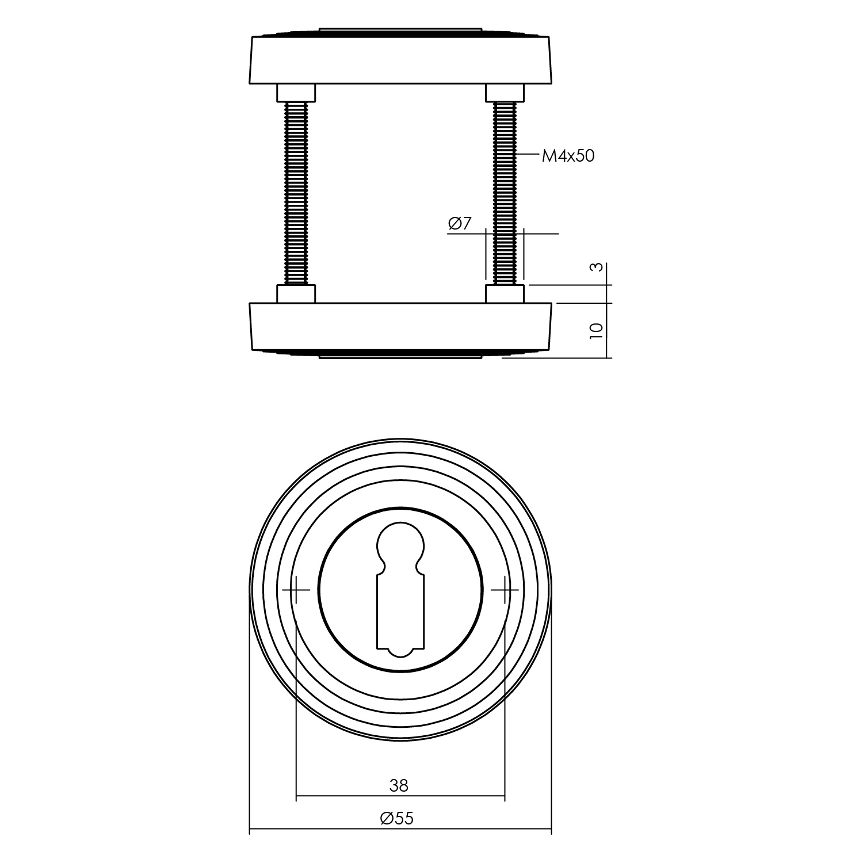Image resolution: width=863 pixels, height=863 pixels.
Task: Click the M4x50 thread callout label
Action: pos(568,155)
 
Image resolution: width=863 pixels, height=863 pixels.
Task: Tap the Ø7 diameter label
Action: pos(460,224)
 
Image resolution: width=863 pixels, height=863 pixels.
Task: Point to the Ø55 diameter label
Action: pos(397,818)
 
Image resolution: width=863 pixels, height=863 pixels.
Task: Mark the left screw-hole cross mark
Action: pos(296,590)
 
